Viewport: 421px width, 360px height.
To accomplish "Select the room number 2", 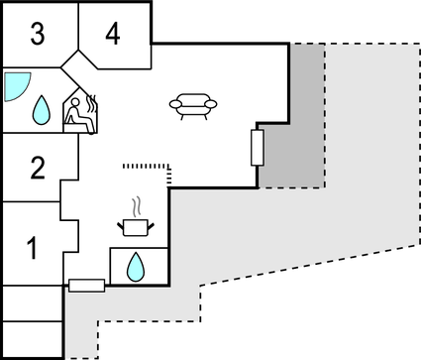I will (x=37, y=168).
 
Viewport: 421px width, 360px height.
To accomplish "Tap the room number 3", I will (x=37, y=35).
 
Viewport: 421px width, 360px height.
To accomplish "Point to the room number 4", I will (x=112, y=35).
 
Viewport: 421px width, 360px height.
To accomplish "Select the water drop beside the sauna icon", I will (x=43, y=109).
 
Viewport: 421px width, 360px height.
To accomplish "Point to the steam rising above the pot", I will (x=137, y=205).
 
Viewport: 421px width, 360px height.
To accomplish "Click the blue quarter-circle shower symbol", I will (x=14, y=85).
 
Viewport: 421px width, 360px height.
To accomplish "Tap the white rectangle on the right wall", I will (x=258, y=148).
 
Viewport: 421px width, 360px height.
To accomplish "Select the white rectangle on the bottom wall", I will (x=87, y=286).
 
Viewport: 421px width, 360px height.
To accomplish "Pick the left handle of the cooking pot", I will (x=120, y=224).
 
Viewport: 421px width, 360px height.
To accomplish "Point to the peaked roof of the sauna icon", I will (x=76, y=94).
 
